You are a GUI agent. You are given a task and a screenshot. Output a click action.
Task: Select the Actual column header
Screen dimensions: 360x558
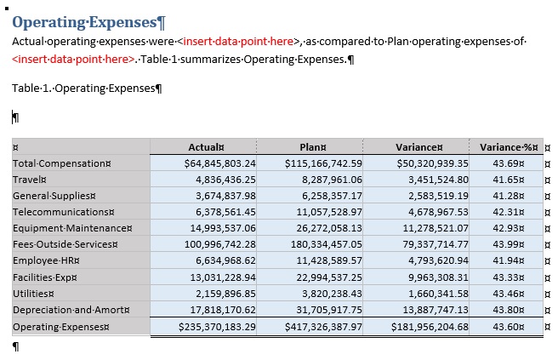pos(206,146)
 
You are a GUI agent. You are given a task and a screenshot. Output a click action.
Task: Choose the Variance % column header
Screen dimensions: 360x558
pos(509,146)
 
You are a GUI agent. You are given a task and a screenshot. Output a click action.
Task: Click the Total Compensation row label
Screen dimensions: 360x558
pos(62,163)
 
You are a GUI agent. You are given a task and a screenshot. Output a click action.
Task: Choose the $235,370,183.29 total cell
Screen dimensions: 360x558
pos(208,327)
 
